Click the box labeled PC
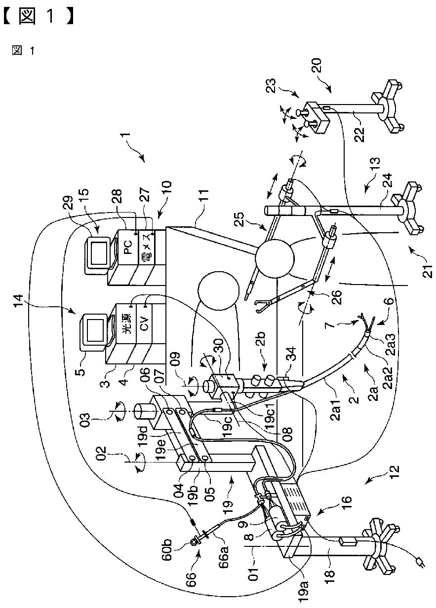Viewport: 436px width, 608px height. (127, 250)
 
